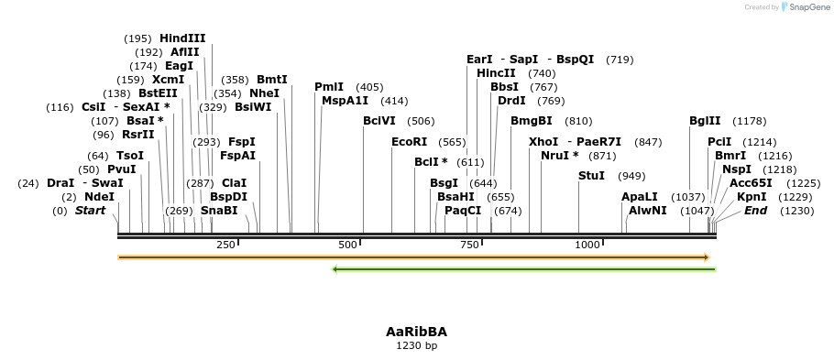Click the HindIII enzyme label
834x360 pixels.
(182, 38)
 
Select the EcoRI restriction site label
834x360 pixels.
(409, 142)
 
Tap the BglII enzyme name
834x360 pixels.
(707, 121)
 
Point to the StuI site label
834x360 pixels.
(591, 176)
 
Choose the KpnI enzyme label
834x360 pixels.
(752, 197)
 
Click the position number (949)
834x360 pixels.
(631, 177)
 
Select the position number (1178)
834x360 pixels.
(750, 121)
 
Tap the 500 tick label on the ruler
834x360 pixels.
(347, 245)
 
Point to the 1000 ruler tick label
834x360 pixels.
(587, 245)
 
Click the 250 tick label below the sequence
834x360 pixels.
(225, 245)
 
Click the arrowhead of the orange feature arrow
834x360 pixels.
(707, 258)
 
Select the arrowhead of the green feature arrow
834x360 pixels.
(335, 269)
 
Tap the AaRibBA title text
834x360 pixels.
(416, 332)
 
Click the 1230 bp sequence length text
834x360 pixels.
(416, 345)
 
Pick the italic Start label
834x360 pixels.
(90, 211)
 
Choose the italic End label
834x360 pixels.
(755, 211)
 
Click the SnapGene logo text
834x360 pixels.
(809, 7)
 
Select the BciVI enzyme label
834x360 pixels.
(379, 121)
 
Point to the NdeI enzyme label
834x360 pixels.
(100, 197)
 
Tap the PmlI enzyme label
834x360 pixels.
(329, 87)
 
